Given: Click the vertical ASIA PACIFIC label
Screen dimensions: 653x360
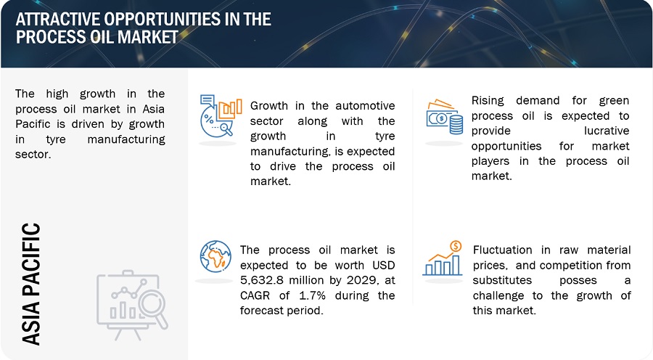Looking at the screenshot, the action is coord(30,285).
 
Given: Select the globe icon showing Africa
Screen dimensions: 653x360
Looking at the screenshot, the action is coord(215,256).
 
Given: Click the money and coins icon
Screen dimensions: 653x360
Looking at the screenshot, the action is coord(444,117).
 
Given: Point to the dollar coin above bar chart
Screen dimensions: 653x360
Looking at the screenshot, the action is coord(456,246).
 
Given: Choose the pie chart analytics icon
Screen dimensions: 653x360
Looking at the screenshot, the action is coord(221,116).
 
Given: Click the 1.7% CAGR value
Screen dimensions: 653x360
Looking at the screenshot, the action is coord(312,295).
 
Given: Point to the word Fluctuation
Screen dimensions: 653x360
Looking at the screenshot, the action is coord(502,250).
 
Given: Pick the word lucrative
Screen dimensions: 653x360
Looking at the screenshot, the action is coord(607,131).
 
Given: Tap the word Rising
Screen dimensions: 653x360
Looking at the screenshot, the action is coord(488,100).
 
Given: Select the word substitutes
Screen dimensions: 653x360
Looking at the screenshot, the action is coord(502,280).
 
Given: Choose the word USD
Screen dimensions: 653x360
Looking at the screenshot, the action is coord(384,265).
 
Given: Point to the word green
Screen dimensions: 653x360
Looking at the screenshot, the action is coord(614,100).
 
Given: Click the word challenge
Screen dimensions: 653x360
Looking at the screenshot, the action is coord(498,296).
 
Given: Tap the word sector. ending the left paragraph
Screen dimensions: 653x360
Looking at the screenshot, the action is coord(33,154).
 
